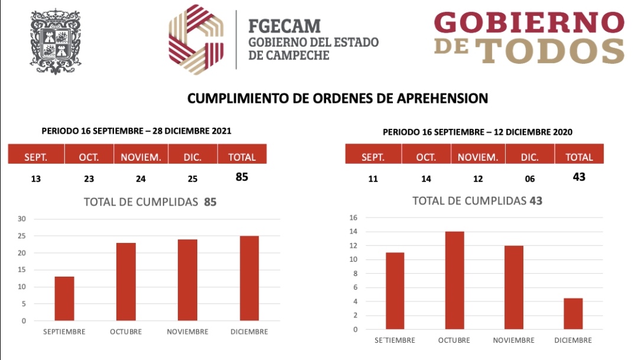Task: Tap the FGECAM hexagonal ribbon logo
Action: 196,40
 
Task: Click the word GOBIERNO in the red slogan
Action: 529,24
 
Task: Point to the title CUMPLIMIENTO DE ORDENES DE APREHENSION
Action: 337,99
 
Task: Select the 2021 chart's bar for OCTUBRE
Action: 126,281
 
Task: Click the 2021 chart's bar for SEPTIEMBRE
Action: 64,299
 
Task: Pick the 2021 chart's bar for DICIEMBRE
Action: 249,278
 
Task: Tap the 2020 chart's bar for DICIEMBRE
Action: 573,313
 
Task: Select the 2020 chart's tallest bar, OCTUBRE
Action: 454,280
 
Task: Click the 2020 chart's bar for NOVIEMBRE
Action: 514,287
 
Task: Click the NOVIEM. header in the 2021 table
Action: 141,157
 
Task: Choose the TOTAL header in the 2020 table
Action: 579,157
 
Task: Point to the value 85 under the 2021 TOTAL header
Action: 242,177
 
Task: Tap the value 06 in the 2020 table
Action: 529,179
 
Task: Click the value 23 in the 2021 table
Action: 89,179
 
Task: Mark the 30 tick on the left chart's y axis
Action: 22,219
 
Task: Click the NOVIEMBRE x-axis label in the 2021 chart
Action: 187,332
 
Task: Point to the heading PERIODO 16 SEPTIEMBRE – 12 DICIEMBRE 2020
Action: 477,132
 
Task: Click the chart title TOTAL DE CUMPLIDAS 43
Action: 477,201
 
